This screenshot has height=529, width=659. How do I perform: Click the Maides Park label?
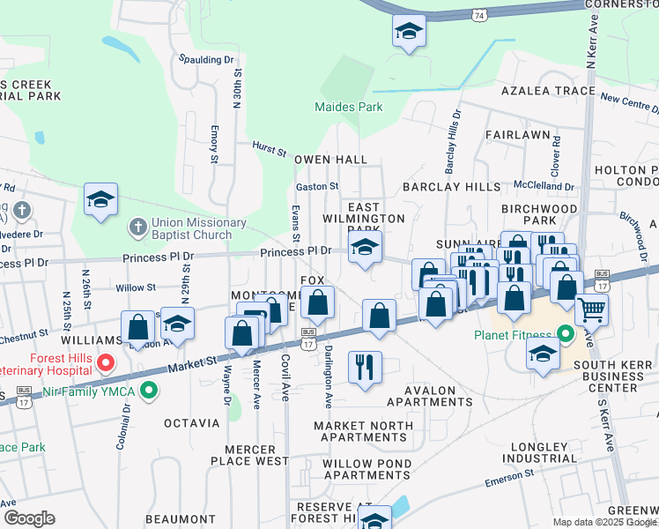[349, 107]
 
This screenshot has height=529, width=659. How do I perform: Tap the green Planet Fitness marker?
[564, 335]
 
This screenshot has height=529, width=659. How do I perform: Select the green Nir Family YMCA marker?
[149, 388]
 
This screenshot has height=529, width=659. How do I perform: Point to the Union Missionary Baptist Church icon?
[137, 227]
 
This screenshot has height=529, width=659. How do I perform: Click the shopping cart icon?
[591, 309]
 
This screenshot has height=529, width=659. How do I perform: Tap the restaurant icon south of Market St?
[365, 365]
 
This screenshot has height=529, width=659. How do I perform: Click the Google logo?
[29, 518]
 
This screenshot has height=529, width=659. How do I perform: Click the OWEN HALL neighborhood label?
[330, 160]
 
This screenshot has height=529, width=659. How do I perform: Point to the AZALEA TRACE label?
[548, 91]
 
